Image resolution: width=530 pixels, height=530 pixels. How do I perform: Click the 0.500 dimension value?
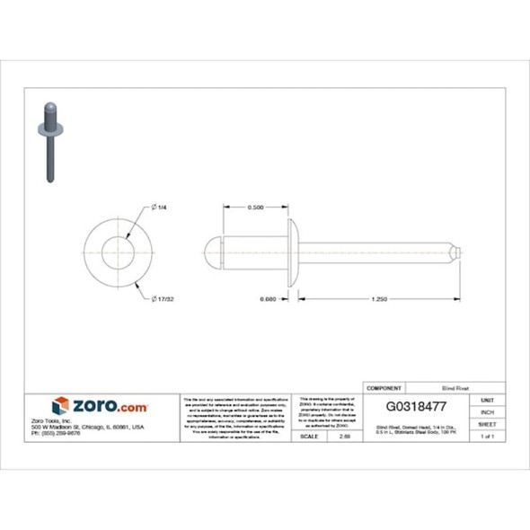click(254, 208)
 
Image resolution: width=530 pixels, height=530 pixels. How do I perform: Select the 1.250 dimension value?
click(378, 298)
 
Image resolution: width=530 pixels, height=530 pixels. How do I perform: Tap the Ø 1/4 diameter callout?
click(161, 208)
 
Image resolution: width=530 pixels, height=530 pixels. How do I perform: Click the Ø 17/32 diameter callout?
click(163, 298)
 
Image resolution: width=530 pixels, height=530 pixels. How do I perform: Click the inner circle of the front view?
click(114, 252)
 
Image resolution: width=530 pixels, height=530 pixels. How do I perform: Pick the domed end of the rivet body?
click(212, 252)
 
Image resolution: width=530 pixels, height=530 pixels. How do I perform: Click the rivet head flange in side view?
click(292, 252)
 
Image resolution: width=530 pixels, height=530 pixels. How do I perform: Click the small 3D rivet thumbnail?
click(49, 142)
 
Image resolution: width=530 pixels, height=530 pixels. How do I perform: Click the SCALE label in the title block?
click(307, 437)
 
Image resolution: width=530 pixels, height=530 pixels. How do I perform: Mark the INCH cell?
click(487, 411)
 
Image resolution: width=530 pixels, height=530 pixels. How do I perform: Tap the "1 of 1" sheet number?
click(487, 437)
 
